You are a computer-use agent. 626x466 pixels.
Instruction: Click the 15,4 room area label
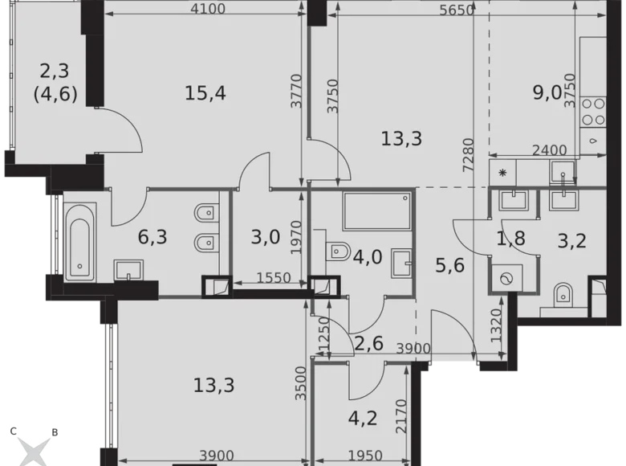[205, 93]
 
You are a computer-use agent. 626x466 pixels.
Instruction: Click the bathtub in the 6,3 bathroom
[79, 238]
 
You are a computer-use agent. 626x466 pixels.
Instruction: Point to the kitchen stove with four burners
[594, 111]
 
